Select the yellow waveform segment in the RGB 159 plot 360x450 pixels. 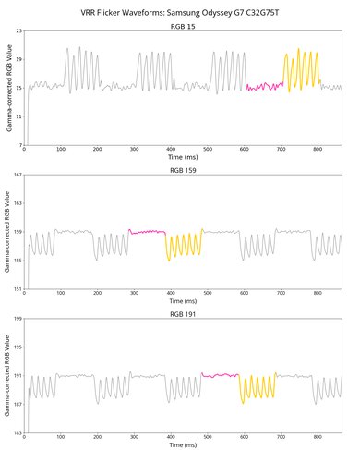(x=184, y=245)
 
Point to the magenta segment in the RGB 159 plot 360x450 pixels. (x=148, y=232)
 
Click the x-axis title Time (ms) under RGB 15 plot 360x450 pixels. (x=183, y=159)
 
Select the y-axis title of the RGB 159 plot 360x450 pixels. (x=7, y=232)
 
